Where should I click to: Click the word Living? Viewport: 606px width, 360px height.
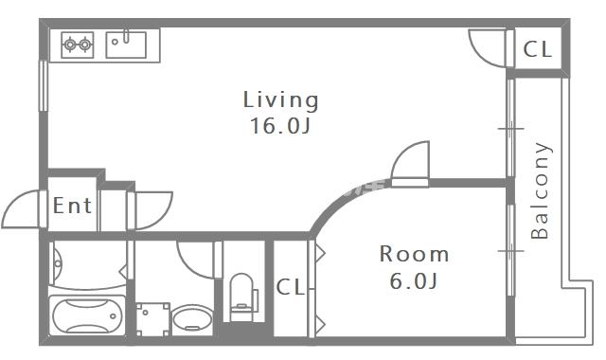(x=280, y=99)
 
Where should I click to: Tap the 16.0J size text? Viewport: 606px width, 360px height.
(x=280, y=126)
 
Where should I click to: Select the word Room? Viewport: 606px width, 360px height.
(x=414, y=254)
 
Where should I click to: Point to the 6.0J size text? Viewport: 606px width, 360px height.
(x=413, y=280)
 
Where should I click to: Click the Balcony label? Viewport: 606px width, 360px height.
(x=540, y=190)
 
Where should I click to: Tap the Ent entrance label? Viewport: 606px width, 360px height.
(x=72, y=206)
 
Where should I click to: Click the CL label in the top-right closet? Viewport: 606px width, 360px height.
(x=537, y=49)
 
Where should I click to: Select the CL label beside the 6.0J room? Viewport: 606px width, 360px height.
(x=291, y=287)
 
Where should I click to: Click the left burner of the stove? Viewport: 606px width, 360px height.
(x=70, y=45)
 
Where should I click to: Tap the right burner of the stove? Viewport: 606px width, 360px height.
(x=85, y=45)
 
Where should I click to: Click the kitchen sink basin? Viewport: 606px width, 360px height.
(x=126, y=45)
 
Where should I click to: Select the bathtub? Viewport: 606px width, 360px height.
(x=88, y=315)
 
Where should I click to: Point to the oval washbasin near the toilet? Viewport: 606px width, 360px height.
(x=192, y=319)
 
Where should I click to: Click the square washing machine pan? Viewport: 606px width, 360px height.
(x=153, y=319)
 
